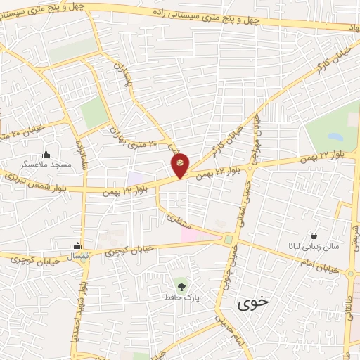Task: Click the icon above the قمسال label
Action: click(x=77, y=246)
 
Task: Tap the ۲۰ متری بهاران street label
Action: click(x=134, y=138)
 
